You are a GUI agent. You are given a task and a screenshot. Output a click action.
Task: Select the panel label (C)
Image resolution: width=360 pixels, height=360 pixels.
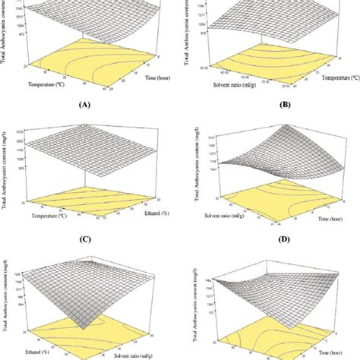click(x=89, y=236)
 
